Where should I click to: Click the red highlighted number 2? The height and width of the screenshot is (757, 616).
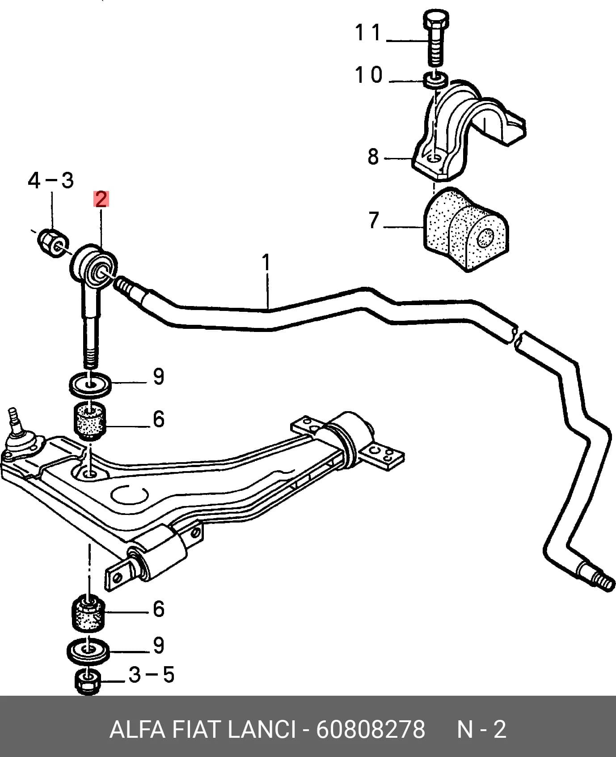tap(101, 199)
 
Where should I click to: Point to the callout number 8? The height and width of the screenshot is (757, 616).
tap(373, 157)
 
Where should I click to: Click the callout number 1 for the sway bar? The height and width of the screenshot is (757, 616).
tap(266, 263)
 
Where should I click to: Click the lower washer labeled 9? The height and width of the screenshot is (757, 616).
tap(88, 652)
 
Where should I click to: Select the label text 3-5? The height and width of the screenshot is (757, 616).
tap(151, 675)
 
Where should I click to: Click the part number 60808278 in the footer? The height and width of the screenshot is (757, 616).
tap(371, 730)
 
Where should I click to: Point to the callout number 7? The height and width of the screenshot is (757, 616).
tap(374, 220)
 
